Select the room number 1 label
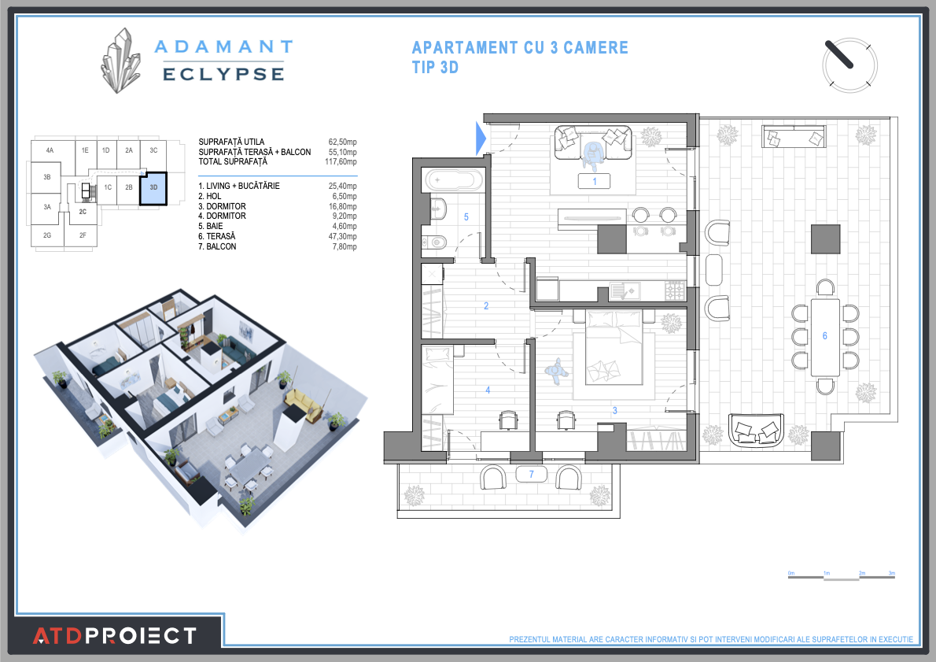tap(595, 181)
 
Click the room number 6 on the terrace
tap(824, 336)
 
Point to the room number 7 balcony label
tap(532, 474)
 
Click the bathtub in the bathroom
tap(454, 179)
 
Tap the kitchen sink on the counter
tap(630, 292)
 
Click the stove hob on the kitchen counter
tap(675, 292)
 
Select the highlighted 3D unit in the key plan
tap(153, 188)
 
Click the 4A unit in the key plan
tap(50, 150)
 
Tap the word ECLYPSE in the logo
tap(223, 74)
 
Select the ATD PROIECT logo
tap(114, 634)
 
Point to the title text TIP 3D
tap(435, 68)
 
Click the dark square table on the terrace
tap(825, 239)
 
